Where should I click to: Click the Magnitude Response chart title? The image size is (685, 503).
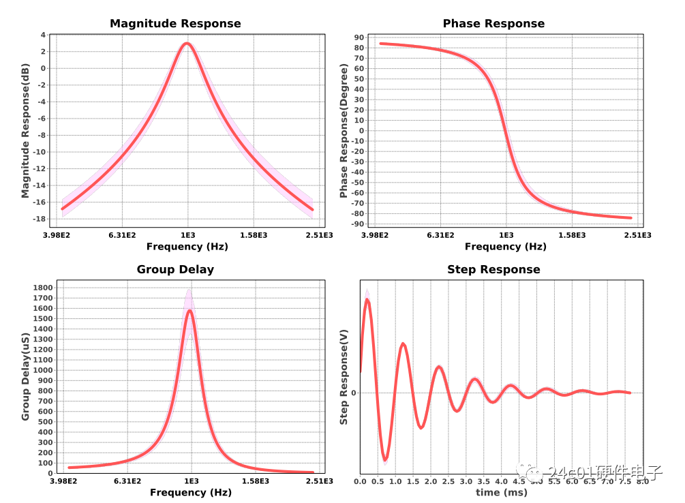tap(175, 24)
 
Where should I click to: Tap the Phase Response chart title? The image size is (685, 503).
tap(493, 24)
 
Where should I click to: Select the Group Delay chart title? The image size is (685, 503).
tap(175, 269)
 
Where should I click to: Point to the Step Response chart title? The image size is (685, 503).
tap(493, 269)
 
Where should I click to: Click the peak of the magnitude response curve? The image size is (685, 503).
tap(187, 44)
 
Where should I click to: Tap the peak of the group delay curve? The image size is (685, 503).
tap(189, 311)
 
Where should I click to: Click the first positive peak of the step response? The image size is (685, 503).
tap(367, 299)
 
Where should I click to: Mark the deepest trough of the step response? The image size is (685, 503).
tap(386, 461)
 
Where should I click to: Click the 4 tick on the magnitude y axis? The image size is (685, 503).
tap(44, 35)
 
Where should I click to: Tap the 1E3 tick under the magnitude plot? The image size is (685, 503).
tap(187, 235)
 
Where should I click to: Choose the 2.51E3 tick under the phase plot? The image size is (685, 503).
tap(637, 235)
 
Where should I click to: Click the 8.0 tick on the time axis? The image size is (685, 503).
tap(643, 481)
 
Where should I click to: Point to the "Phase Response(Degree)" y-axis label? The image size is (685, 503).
tap(344, 132)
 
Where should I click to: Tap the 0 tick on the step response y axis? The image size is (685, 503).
tap(354, 393)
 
